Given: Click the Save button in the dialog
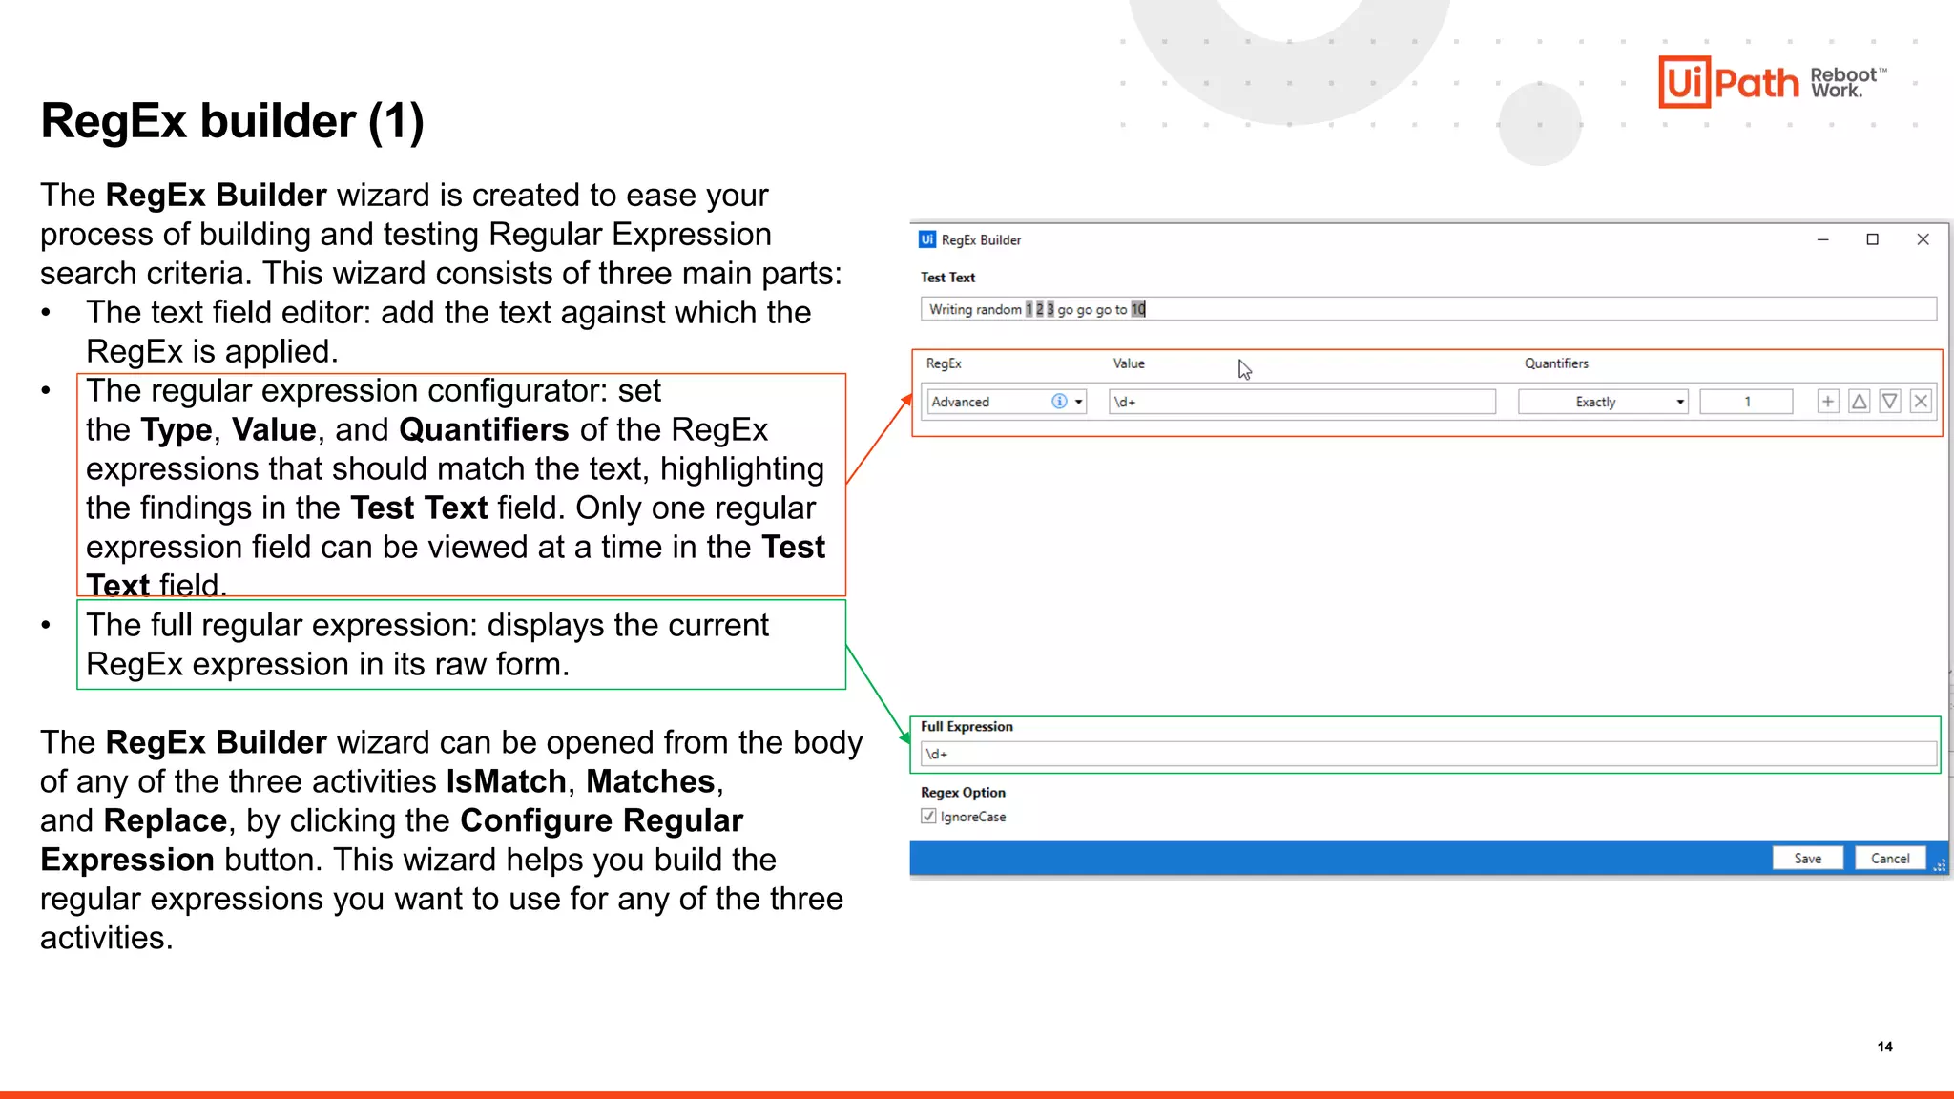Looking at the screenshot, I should tap(1807, 859).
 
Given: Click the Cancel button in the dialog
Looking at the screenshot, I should tap(1889, 859).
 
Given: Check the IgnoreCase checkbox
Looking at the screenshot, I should tap(928, 817).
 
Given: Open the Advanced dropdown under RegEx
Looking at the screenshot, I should tap(1079, 402).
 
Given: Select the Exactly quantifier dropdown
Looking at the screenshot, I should tap(1602, 402).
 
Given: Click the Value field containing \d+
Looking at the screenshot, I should tap(1301, 402).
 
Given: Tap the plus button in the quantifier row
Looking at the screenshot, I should tap(1827, 402).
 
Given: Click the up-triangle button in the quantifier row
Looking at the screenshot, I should tap(1859, 402).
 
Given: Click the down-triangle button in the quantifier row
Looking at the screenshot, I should tap(1890, 402).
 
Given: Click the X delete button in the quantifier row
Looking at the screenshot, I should tap(1922, 402).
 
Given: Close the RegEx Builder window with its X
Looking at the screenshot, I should tap(1923, 239).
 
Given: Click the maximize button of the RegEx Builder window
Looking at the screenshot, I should tap(1872, 239).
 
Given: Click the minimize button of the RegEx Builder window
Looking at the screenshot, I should tap(1822, 239).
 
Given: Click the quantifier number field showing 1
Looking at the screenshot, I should tap(1746, 402).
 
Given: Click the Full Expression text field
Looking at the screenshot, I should tap(1427, 754).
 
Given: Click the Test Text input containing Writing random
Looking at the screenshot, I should tap(1427, 309).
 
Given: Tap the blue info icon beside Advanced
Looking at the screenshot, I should tap(1059, 402).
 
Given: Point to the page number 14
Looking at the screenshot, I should tap(1884, 1047).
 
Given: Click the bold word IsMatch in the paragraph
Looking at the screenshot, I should tap(506, 781).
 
